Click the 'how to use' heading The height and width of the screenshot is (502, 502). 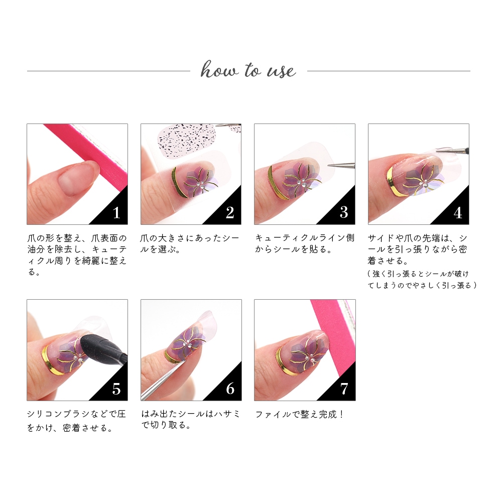tap(248, 69)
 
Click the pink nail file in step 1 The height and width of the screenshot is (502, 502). tap(90, 153)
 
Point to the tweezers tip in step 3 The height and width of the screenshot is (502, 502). tap(329, 165)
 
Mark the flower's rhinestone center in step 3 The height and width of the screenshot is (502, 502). tap(301, 182)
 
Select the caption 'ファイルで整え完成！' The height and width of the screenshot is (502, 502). tap(300, 414)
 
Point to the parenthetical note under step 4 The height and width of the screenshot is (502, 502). tap(422, 280)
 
